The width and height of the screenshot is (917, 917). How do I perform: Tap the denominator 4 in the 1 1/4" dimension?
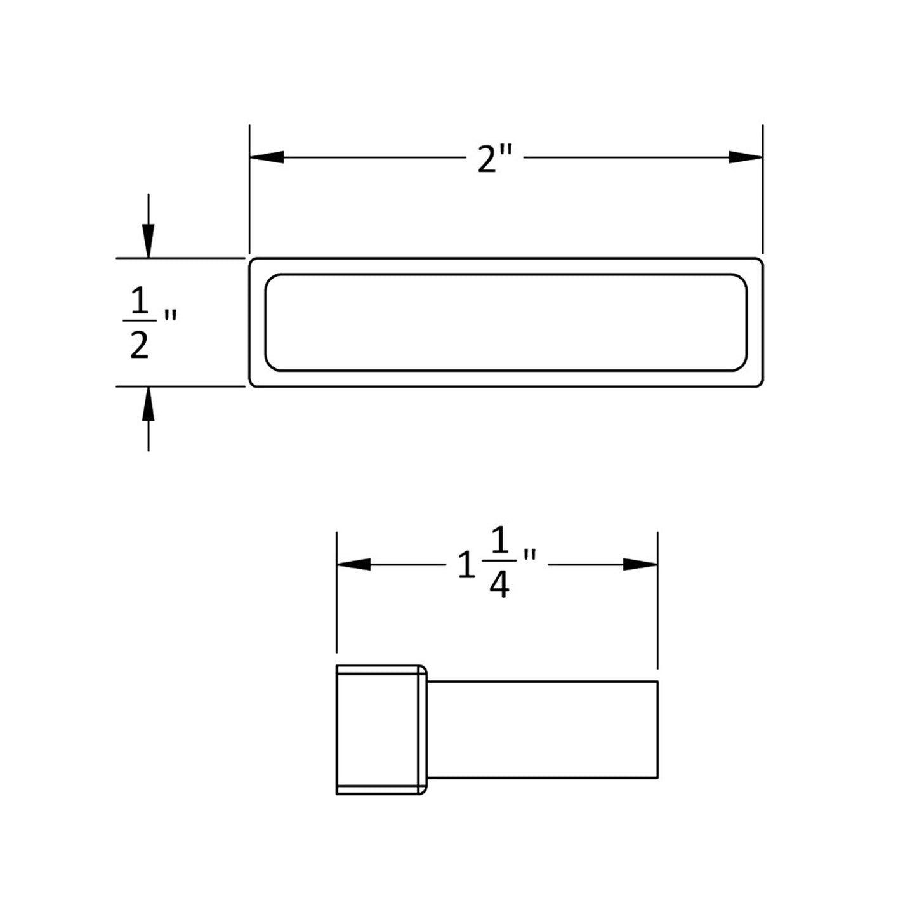[499, 586]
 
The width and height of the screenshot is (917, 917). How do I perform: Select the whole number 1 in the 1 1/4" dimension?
[466, 565]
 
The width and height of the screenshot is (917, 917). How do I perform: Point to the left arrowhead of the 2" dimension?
[267, 157]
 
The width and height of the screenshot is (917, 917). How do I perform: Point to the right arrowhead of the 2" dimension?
[745, 157]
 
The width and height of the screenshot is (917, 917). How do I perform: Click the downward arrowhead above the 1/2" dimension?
[148, 241]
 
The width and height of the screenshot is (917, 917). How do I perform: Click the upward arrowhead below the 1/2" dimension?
[148, 404]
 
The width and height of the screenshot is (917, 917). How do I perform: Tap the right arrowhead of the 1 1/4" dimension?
[640, 564]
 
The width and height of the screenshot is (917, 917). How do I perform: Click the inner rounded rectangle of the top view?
[506, 322]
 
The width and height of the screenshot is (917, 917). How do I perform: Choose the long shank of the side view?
[543, 730]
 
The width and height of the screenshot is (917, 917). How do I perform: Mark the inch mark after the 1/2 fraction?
[169, 315]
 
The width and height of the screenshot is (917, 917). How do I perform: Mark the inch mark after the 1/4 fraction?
[529, 557]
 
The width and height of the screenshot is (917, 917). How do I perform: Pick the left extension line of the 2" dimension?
[250, 190]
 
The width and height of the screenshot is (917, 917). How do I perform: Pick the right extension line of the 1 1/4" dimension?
[658, 600]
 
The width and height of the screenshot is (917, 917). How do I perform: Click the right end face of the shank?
[658, 730]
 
